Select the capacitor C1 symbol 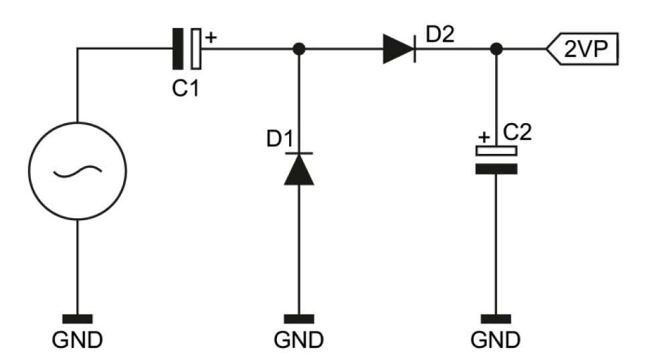tap(186, 49)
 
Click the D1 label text tap(280, 141)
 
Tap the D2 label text tap(440, 34)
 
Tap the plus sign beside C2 tap(482, 138)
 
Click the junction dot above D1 tap(299, 49)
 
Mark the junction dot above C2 tap(496, 49)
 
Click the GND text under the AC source tap(78, 341)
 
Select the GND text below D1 tap(299, 341)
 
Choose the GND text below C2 tap(496, 341)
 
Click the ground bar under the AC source tap(78, 319)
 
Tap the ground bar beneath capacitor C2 tap(496, 319)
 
